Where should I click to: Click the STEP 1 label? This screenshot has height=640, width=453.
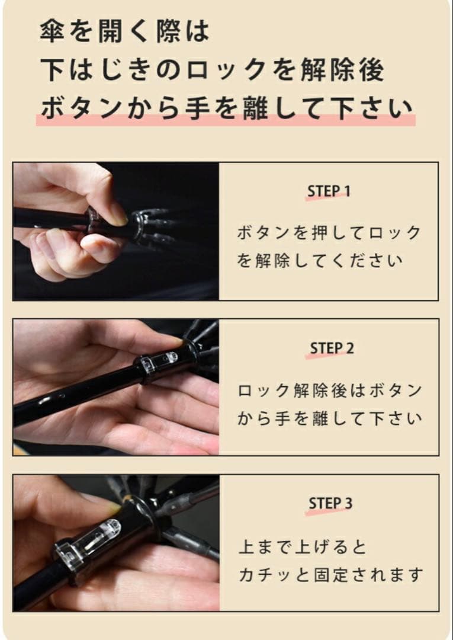(329, 191)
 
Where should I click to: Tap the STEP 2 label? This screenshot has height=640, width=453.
(332, 348)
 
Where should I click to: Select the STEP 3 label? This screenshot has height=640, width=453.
(330, 504)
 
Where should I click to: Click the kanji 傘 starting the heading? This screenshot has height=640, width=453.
(52, 31)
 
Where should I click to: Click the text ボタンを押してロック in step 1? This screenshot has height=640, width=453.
(329, 233)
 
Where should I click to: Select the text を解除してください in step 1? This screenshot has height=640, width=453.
(320, 261)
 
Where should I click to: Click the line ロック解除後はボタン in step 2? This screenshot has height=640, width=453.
(330, 391)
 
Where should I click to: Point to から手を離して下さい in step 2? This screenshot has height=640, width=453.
(330, 419)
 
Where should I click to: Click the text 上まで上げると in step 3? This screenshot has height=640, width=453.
(303, 546)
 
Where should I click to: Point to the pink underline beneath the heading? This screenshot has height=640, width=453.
(225, 120)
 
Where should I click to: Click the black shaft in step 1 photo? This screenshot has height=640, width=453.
(47, 219)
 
